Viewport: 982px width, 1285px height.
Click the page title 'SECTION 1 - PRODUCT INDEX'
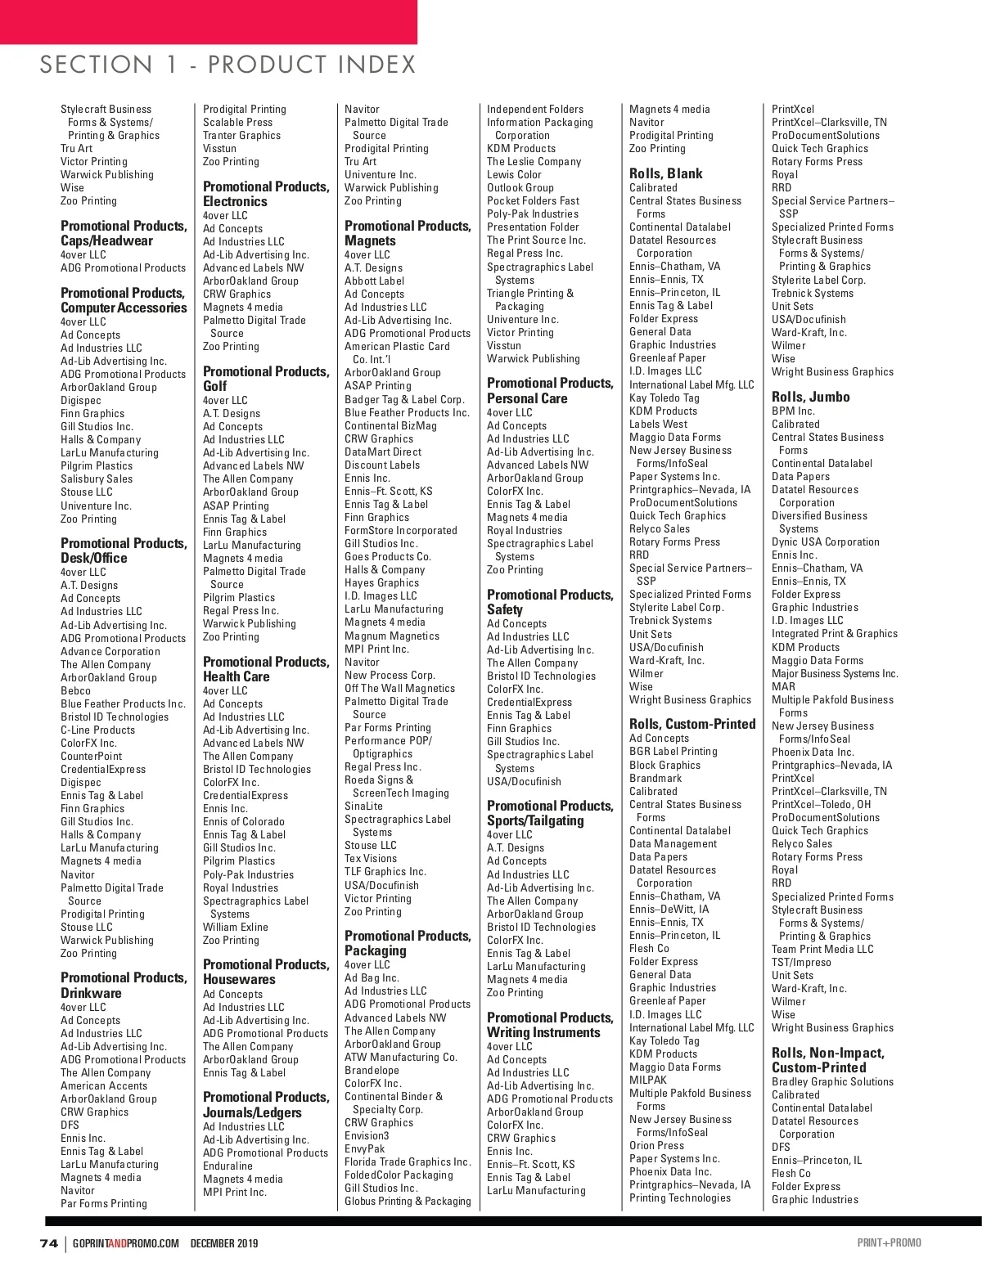click(x=227, y=65)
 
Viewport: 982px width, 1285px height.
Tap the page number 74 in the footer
click(x=48, y=1243)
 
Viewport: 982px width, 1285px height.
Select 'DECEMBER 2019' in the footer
click(x=224, y=1243)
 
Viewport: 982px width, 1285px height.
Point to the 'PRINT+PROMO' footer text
click(x=890, y=1243)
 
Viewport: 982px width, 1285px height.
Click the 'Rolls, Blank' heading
click(x=665, y=173)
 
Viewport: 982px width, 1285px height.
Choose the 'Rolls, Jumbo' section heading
click(x=810, y=397)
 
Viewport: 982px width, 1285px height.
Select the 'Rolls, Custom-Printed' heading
click(x=692, y=724)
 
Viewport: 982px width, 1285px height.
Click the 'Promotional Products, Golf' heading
click(x=265, y=379)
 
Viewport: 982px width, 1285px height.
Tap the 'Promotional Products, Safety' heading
click(x=549, y=602)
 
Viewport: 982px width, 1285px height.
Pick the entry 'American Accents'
click(x=104, y=1085)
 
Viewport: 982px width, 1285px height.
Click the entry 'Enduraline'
click(x=227, y=1166)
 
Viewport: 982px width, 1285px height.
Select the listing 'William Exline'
click(x=236, y=927)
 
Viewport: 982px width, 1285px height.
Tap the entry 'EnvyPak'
click(x=364, y=1148)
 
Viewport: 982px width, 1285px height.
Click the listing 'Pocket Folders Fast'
click(x=533, y=200)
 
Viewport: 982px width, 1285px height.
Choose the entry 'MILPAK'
click(x=648, y=1080)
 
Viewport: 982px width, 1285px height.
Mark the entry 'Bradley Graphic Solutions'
click(x=832, y=1081)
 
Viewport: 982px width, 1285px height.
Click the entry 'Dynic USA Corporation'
click(x=825, y=541)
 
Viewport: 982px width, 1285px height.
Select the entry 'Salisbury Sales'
click(x=97, y=479)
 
